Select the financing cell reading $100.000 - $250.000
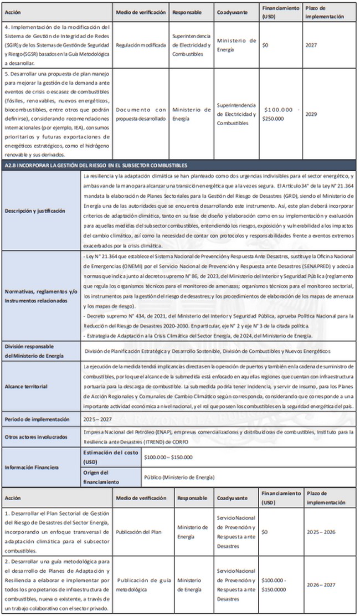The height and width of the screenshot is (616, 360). (x=282, y=114)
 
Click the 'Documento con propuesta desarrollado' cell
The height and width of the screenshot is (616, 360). (x=141, y=114)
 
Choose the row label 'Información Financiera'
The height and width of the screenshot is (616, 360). (x=33, y=468)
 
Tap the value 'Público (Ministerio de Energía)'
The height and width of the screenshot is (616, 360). (x=178, y=477)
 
